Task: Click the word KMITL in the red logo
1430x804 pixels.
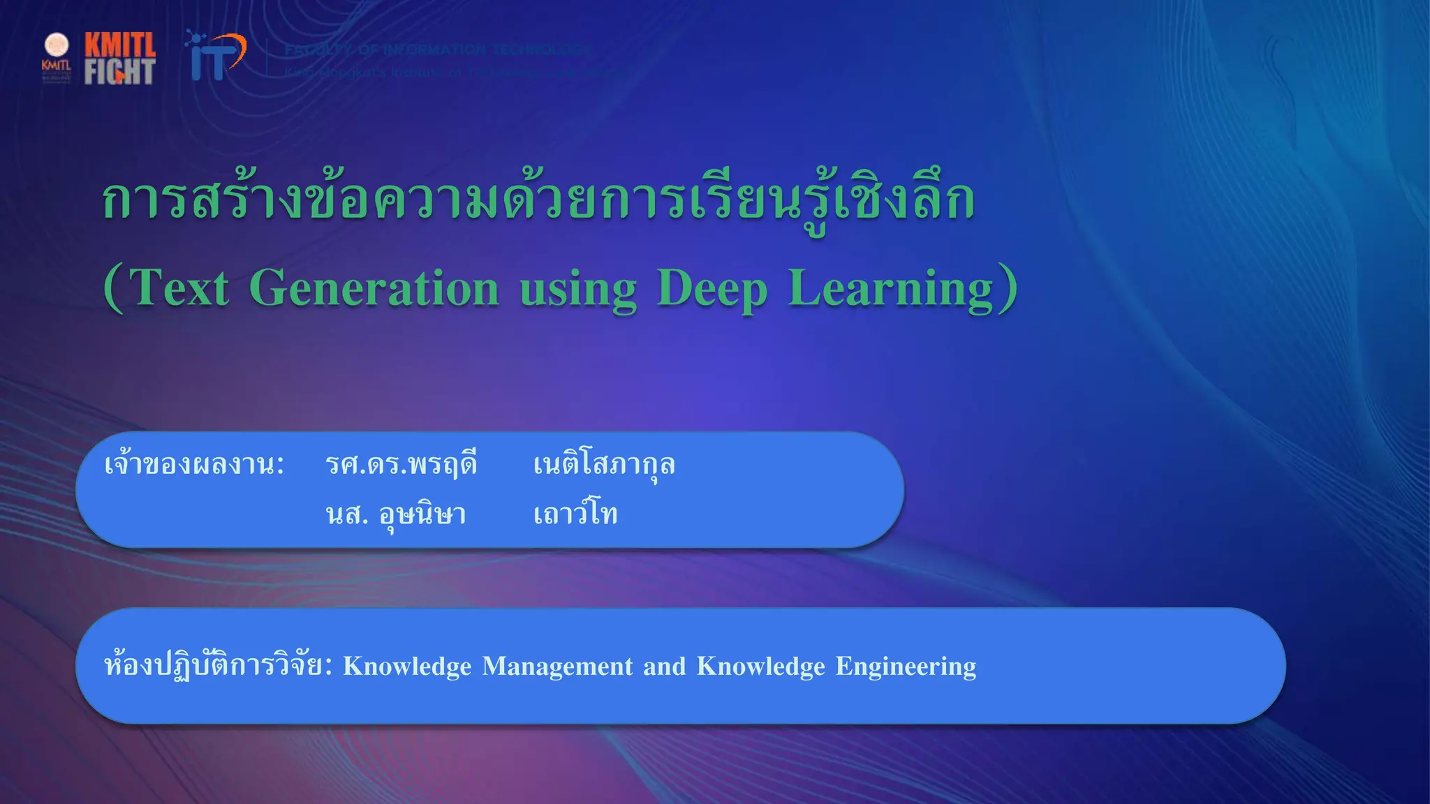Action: tap(120, 45)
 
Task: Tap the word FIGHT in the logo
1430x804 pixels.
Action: tap(119, 71)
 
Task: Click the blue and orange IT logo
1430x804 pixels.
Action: tap(216, 56)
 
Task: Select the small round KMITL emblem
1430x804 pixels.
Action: tap(57, 45)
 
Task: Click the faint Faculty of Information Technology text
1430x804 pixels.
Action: tap(438, 50)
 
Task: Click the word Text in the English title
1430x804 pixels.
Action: tap(179, 288)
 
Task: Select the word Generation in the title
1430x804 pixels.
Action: tap(374, 288)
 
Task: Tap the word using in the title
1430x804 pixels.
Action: tap(578, 290)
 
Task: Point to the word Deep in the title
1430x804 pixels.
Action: tap(712, 290)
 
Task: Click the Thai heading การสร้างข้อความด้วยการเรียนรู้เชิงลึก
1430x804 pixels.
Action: tap(538, 200)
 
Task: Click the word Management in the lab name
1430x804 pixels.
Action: tap(557, 667)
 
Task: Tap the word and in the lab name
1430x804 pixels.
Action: tap(665, 667)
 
